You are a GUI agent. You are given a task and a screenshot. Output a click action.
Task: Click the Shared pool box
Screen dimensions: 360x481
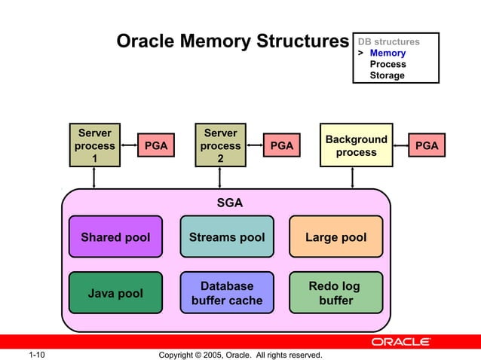(115, 237)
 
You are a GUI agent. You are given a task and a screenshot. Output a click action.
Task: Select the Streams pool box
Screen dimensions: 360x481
(226, 237)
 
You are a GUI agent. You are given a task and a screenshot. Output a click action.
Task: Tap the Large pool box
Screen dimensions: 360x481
(335, 237)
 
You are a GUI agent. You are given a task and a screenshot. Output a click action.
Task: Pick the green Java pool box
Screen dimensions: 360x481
(115, 293)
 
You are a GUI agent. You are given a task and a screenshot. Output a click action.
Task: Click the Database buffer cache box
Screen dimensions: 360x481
(226, 293)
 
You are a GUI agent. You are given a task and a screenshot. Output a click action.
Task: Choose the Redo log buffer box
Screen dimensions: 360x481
(335, 293)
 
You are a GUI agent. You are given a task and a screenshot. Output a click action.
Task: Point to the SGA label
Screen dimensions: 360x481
(229, 203)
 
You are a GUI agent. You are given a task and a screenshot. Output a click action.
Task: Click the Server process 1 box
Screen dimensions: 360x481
(94, 145)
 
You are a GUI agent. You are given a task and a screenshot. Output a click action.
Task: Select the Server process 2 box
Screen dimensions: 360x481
(220, 145)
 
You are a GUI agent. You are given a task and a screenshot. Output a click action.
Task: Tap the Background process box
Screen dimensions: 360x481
(356, 145)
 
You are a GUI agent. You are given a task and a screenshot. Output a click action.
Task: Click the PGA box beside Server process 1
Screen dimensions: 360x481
(155, 146)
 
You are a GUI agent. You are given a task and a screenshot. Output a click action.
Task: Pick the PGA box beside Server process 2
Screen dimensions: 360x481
(281, 146)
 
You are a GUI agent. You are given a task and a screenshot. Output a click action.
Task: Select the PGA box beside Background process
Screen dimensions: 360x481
(426, 146)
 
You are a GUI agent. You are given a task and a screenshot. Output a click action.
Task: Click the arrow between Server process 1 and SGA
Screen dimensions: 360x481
(94, 178)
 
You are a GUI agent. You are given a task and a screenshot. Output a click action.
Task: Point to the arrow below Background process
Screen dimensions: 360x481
(353, 178)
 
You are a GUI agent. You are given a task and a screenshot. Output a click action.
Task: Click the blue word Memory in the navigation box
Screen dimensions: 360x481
(388, 53)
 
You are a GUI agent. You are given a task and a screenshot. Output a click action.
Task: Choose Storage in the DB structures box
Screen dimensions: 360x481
(387, 75)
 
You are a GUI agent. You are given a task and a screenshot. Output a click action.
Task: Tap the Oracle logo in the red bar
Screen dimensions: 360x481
(400, 342)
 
